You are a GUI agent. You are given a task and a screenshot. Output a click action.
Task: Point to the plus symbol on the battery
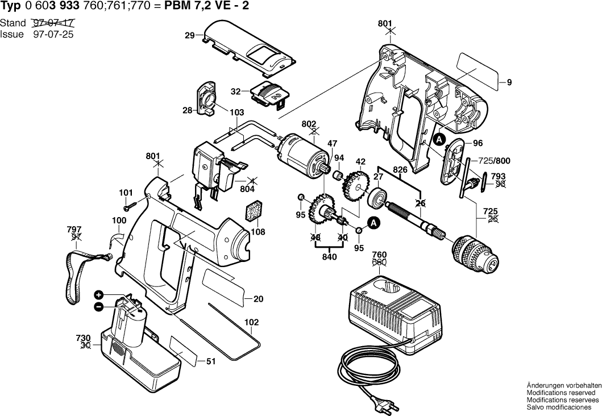pyautogui.click(x=99, y=295)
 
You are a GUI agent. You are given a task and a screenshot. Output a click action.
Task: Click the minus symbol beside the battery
pyautogui.click(x=99, y=306)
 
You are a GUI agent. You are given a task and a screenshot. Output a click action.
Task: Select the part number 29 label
pyautogui.click(x=190, y=36)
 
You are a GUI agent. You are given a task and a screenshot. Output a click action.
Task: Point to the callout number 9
pyautogui.click(x=509, y=82)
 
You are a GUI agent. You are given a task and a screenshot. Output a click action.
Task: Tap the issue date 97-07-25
pyautogui.click(x=53, y=34)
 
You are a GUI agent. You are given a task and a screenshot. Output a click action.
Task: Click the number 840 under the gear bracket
pyautogui.click(x=329, y=256)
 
